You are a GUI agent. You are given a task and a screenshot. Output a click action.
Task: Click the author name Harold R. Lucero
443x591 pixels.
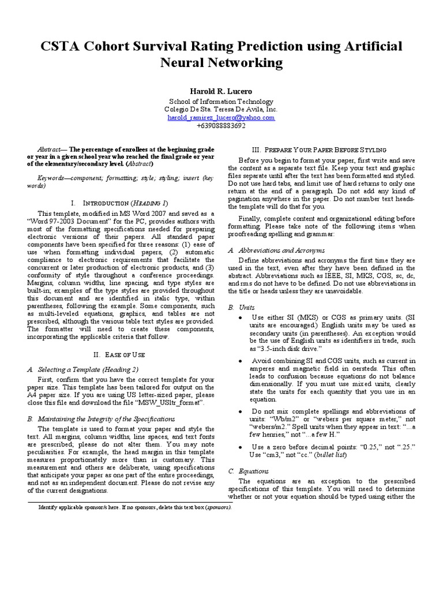[x=221, y=91]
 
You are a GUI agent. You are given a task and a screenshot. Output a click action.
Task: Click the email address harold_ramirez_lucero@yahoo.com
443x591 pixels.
[x=221, y=117]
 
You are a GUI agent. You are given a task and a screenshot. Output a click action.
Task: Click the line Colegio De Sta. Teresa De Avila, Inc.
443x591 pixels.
[x=221, y=109]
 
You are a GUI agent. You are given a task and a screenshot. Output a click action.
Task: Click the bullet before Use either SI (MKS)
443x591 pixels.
[x=239, y=318]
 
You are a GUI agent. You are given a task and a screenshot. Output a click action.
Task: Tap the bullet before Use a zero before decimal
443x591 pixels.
[x=239, y=447]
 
